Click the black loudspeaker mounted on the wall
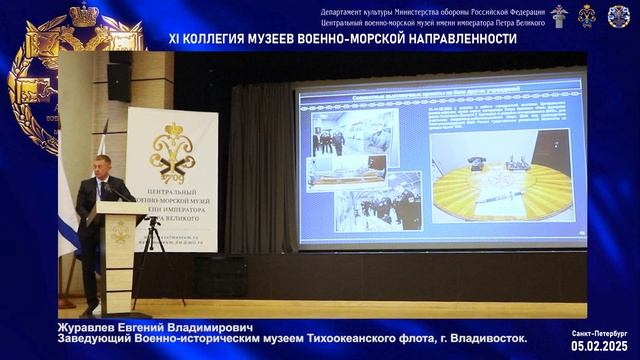click(x=120, y=76)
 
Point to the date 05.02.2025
click(x=600, y=345)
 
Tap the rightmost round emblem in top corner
click(x=619, y=16)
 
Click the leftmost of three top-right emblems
click(x=559, y=15)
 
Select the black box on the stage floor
click(x=220, y=276)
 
